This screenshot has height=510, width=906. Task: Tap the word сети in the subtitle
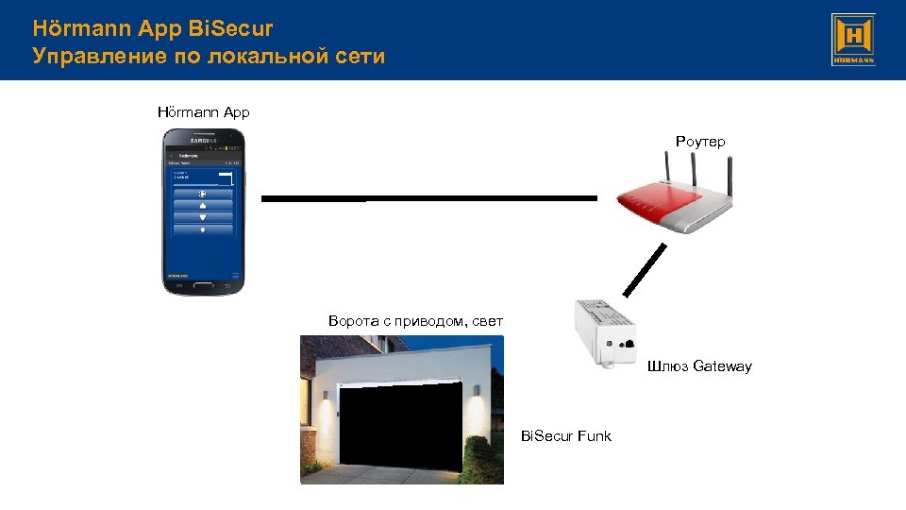coord(360,56)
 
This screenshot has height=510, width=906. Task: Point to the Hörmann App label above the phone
coord(203,111)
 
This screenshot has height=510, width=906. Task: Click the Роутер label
coord(699,142)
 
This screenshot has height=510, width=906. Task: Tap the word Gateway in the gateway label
coord(722,365)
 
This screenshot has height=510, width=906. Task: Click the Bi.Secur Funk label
coord(565,435)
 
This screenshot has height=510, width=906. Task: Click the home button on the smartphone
coord(203,284)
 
